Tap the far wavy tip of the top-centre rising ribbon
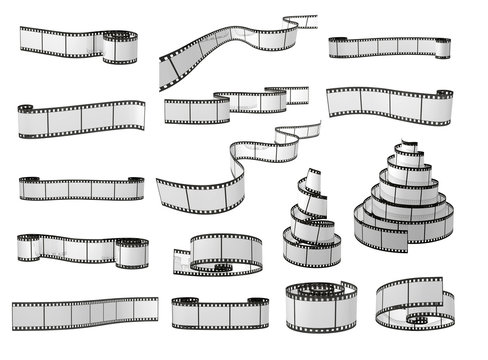point(300,21)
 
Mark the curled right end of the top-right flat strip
point(439,46)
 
